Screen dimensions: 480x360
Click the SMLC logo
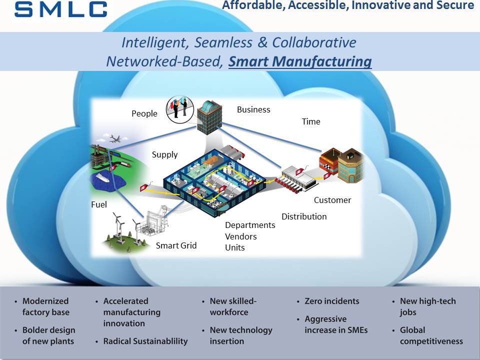click(60, 9)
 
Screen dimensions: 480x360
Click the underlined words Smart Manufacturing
click(300, 61)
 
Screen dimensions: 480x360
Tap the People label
click(144, 113)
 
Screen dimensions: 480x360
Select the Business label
click(253, 109)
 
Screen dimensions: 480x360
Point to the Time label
click(311, 121)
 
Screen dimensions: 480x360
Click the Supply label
click(164, 155)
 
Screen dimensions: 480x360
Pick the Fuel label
click(99, 204)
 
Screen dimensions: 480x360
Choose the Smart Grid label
click(176, 245)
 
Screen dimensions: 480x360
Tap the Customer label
click(332, 200)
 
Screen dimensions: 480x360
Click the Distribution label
click(304, 216)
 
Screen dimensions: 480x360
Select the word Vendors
click(241, 236)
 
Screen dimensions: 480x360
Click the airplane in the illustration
click(115, 138)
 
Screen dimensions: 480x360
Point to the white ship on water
click(102, 177)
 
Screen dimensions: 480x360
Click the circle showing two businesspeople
click(180, 109)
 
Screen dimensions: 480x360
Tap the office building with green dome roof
click(209, 117)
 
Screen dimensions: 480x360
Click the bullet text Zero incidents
click(331, 301)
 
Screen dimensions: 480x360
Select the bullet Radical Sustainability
click(145, 341)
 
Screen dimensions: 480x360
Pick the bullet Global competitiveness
click(431, 336)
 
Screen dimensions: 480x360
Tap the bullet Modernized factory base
click(45, 306)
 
